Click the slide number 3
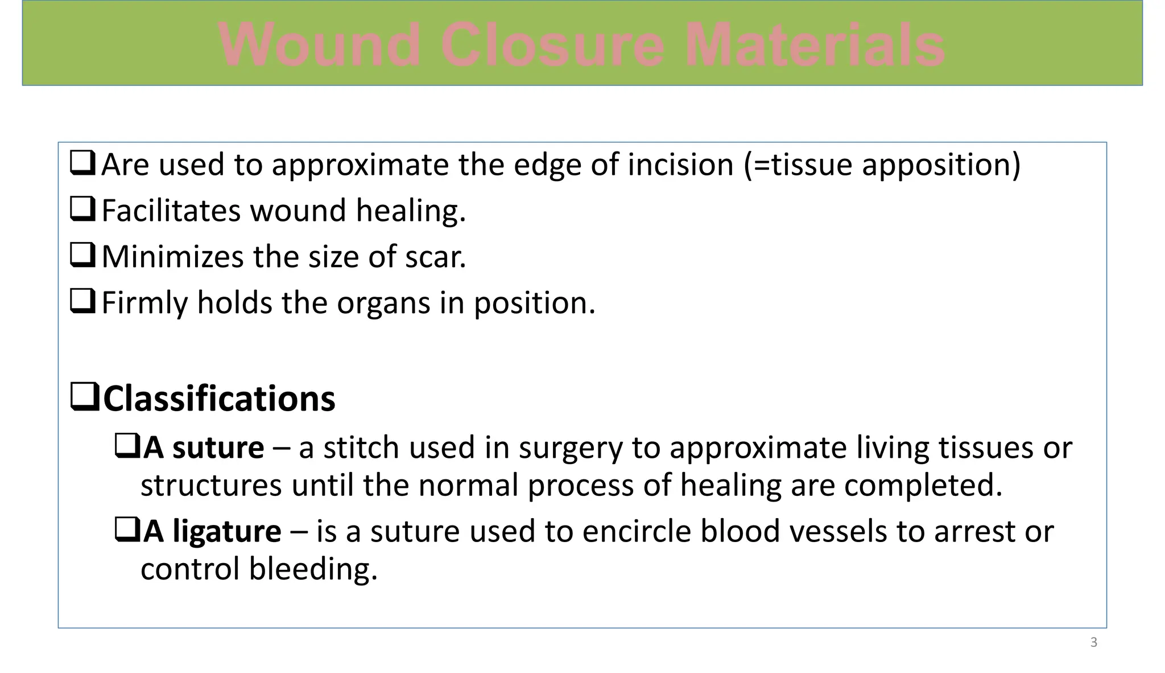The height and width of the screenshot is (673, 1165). [1093, 642]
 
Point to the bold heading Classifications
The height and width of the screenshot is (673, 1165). [219, 399]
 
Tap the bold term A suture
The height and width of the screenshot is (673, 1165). [204, 448]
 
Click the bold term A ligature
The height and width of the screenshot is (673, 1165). [212, 531]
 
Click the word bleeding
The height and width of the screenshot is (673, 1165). [313, 569]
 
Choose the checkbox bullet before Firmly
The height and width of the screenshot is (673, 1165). [82, 301]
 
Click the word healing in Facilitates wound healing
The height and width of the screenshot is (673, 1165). [411, 211]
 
